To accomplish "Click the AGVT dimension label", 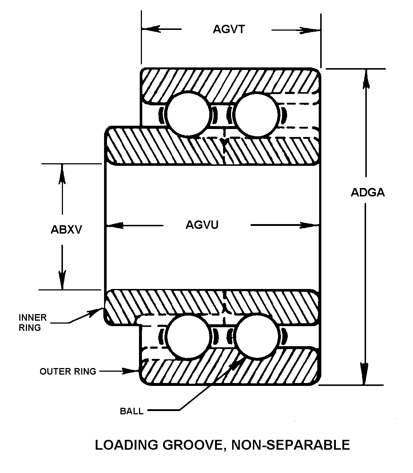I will click(229, 29).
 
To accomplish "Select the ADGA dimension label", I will click(368, 192).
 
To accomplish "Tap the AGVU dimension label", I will click(202, 225).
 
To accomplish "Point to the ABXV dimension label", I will click(66, 230).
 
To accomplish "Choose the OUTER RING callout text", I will click(68, 371).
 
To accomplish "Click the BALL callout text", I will click(132, 411).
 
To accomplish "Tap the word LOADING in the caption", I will click(122, 445).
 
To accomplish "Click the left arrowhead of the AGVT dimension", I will click(149, 29).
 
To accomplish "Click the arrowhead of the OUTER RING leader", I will click(134, 371).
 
